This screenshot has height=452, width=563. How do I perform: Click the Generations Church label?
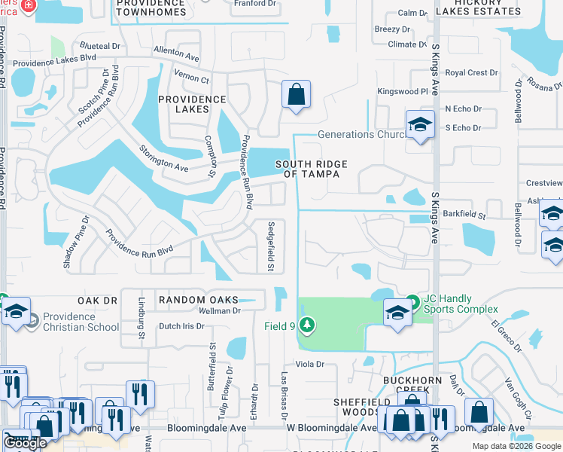(356, 134)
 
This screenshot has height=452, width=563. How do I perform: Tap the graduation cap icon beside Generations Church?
(420, 124)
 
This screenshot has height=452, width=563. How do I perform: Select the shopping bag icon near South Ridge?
(297, 96)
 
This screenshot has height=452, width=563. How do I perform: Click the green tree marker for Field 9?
(306, 325)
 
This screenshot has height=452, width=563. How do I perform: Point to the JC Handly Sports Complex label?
(460, 304)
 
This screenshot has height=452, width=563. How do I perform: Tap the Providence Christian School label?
(81, 322)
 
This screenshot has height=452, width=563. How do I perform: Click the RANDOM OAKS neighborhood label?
(188, 300)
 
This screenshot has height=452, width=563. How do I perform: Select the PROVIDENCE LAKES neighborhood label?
(183, 103)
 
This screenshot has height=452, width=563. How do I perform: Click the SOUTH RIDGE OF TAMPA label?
(307, 169)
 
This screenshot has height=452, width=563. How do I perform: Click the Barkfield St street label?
(465, 215)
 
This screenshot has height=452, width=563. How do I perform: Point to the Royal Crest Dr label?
(471, 73)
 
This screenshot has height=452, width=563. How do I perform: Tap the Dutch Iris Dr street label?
(181, 326)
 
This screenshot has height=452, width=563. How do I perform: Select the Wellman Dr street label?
(219, 310)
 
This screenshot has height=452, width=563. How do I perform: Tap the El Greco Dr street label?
(506, 336)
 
